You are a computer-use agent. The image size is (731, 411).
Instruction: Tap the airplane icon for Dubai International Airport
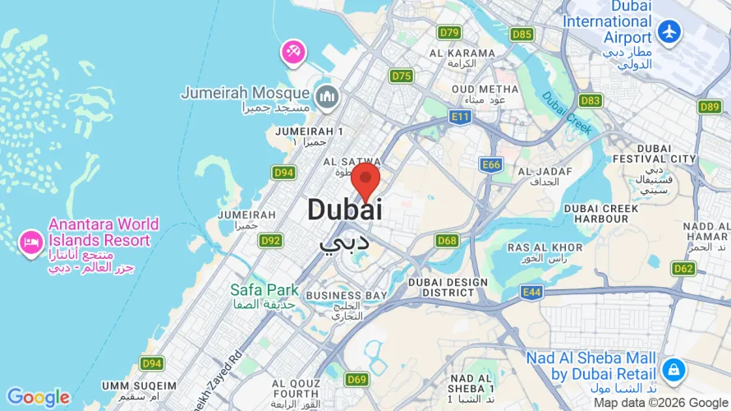(x=670, y=32)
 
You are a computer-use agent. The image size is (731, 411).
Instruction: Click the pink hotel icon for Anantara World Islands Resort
(x=31, y=242)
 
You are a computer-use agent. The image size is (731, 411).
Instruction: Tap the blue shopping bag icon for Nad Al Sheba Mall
(x=673, y=369)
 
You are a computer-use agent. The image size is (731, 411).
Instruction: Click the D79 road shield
(x=449, y=33)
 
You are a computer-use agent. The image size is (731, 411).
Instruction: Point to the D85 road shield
(x=522, y=34)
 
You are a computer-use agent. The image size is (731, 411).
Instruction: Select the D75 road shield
(x=402, y=76)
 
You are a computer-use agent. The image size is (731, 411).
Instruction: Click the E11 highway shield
(x=460, y=118)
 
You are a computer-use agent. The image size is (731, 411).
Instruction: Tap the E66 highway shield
(x=491, y=165)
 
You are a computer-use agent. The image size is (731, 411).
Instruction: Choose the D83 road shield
(x=590, y=100)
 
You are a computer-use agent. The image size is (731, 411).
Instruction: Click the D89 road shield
(x=710, y=106)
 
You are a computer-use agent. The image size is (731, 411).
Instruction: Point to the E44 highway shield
(x=531, y=292)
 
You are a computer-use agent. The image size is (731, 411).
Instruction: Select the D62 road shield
(x=683, y=268)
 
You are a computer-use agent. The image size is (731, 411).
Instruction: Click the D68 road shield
(x=447, y=241)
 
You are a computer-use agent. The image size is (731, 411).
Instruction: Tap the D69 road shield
(x=356, y=379)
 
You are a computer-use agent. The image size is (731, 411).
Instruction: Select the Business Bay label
(x=347, y=294)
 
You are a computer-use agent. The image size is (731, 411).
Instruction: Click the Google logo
(x=39, y=398)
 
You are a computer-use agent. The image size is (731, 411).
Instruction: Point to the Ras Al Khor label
(x=545, y=247)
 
